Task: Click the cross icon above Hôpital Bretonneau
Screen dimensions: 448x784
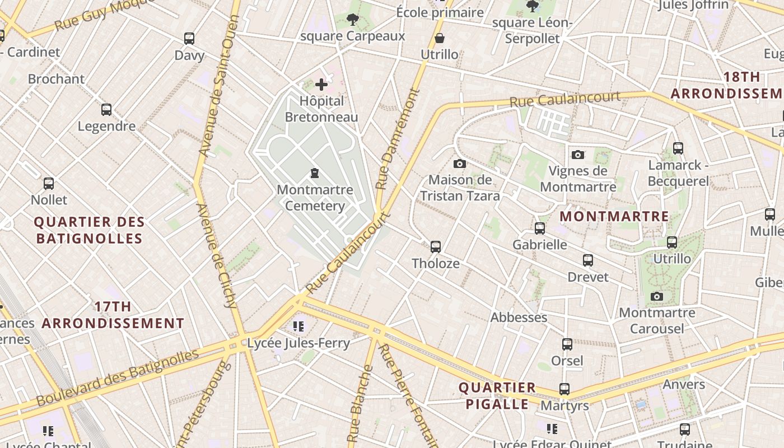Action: coord(321,85)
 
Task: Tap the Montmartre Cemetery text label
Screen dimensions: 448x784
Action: coord(315,198)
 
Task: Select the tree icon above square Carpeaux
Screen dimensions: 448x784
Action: coord(352,20)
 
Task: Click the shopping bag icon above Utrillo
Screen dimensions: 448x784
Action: coord(440,38)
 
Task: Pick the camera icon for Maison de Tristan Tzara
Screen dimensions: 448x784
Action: coord(459,164)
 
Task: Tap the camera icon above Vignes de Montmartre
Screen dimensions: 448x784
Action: coord(578,155)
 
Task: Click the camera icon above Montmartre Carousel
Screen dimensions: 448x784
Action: coord(657,296)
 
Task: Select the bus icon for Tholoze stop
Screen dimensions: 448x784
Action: coord(436,246)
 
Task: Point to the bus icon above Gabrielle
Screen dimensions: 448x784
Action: coord(539,228)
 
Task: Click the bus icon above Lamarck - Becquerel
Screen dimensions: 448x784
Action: coord(678,148)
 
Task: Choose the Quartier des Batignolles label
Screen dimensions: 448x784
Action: coord(90,230)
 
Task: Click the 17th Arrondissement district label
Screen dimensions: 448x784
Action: coord(113,315)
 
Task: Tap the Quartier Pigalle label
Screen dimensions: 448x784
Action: coord(497,396)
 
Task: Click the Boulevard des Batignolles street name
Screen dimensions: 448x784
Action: coord(118,379)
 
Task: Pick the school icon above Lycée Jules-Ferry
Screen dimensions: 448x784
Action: coord(298,326)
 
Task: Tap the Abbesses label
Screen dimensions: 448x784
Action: coord(519,318)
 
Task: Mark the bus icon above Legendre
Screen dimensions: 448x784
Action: coord(106,110)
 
